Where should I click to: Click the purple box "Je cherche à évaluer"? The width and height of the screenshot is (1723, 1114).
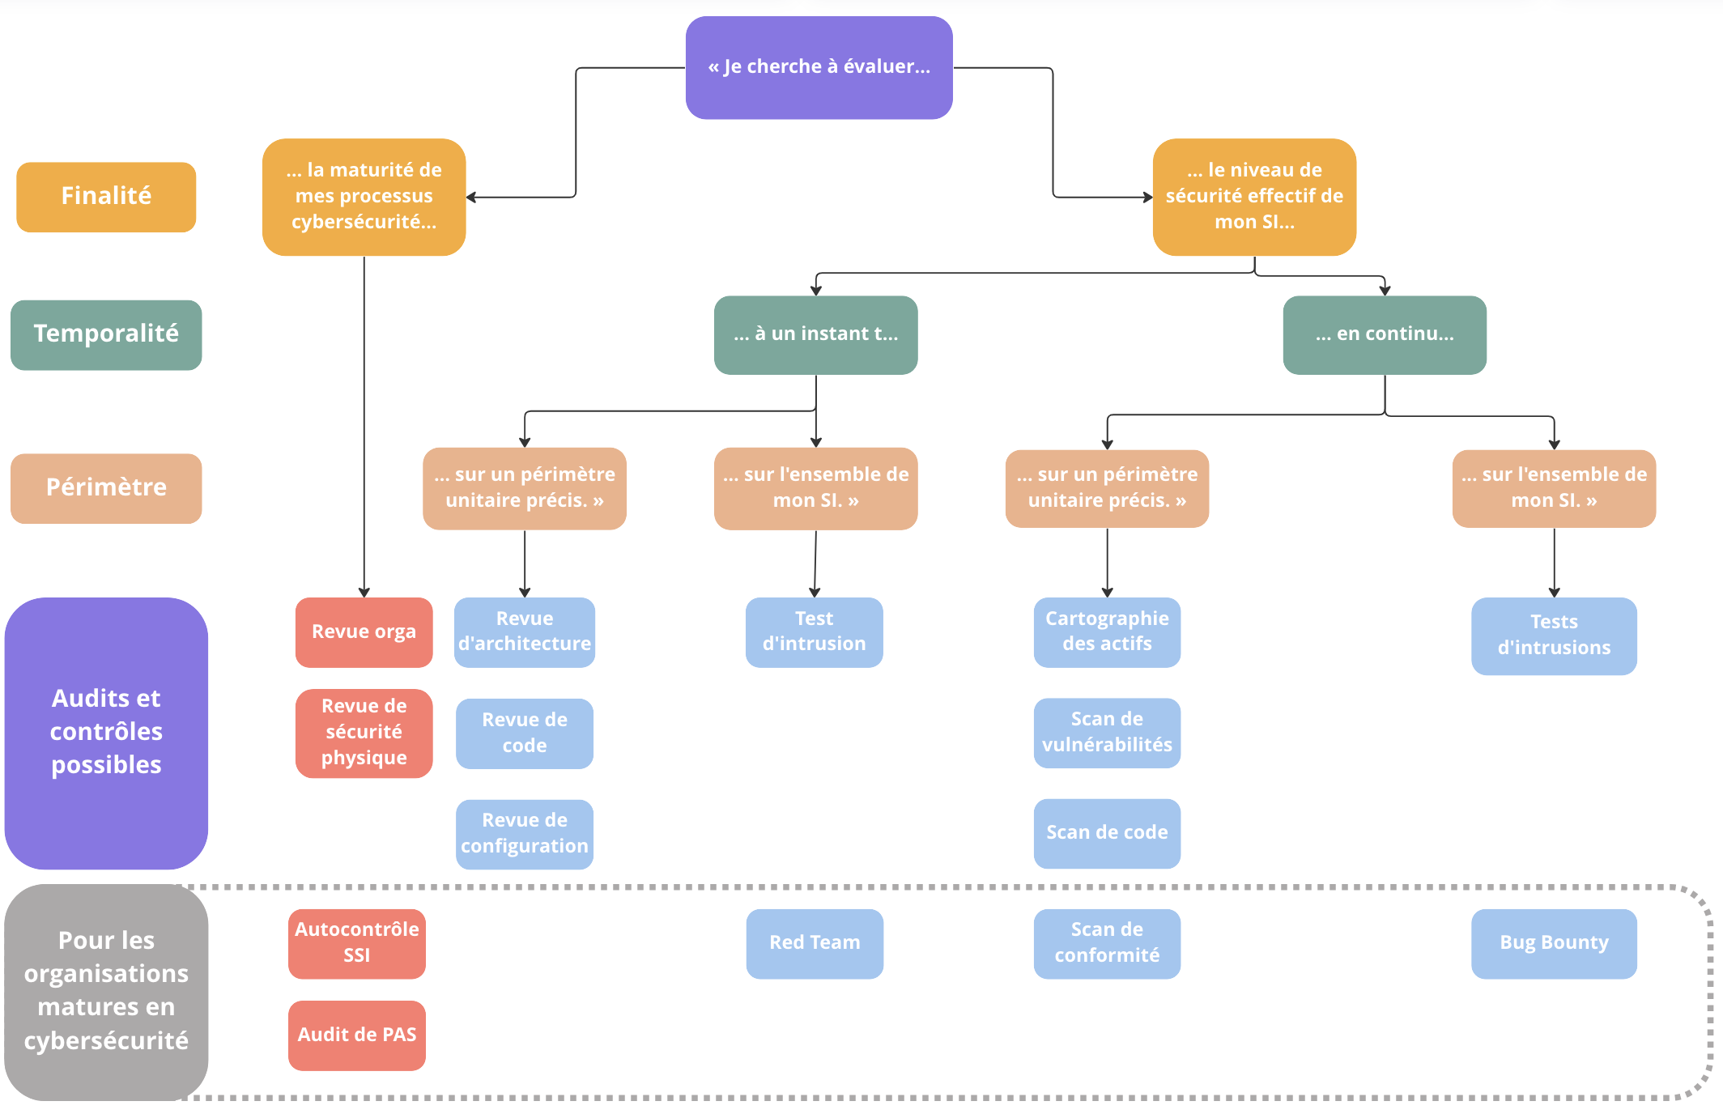(x=819, y=67)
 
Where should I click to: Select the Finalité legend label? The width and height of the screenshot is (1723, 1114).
(x=106, y=197)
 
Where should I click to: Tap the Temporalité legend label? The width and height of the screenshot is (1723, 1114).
(x=106, y=334)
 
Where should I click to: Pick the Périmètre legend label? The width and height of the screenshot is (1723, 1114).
(x=106, y=488)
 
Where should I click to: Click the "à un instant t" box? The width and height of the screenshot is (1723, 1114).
(x=815, y=334)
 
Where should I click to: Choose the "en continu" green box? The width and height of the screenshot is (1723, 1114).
(x=1384, y=334)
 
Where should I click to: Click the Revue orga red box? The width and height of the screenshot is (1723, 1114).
(x=364, y=632)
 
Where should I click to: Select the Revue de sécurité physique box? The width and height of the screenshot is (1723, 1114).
(x=364, y=733)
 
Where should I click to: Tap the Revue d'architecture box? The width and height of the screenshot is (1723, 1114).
(x=524, y=632)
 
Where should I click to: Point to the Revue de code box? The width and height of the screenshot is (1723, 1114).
(x=524, y=733)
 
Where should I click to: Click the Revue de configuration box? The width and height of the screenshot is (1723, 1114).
(x=524, y=834)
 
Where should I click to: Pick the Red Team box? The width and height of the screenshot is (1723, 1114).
(x=815, y=943)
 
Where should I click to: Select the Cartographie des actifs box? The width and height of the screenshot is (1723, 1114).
(x=1107, y=632)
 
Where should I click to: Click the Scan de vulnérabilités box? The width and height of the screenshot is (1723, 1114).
(x=1107, y=733)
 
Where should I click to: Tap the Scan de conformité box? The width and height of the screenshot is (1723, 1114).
(x=1107, y=943)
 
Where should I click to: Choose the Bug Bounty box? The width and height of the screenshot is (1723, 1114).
(x=1554, y=943)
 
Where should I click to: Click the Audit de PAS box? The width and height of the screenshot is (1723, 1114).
(x=356, y=1035)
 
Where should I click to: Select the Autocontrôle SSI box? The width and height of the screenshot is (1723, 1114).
(x=356, y=943)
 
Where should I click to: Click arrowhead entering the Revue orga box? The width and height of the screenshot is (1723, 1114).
(x=364, y=593)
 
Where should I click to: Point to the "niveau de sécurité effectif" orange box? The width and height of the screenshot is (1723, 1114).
(x=1254, y=197)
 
